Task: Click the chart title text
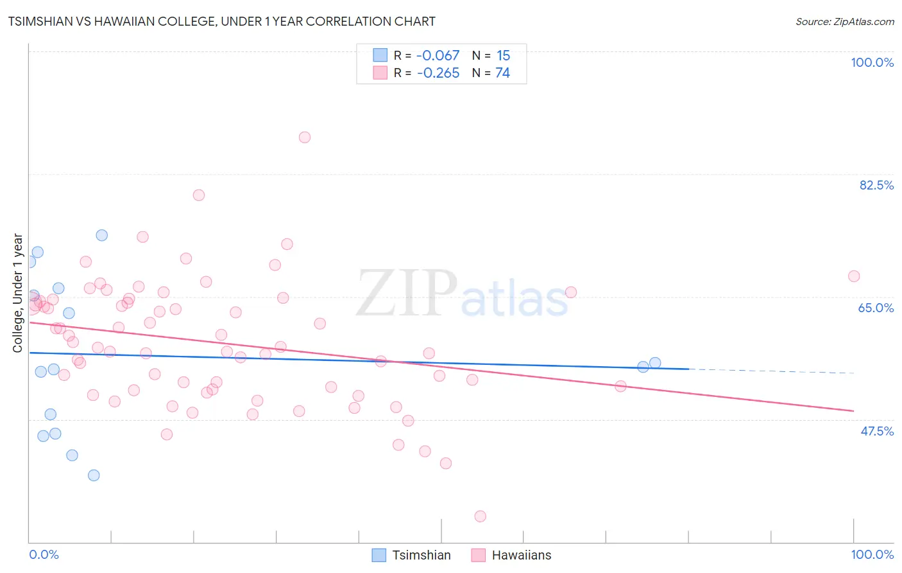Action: pos(221,22)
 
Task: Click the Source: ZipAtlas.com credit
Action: pos(844,22)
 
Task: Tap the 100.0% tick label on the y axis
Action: pos(872,63)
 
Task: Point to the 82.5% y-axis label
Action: pos(876,186)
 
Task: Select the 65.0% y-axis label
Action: pos(876,308)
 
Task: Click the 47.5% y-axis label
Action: pos(876,432)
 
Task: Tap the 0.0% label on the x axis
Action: pos(44,554)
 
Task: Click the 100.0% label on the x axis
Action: pos(872,554)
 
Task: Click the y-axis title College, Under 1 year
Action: pos(18,293)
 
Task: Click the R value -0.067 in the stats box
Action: pos(438,56)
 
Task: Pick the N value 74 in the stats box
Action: pos(502,73)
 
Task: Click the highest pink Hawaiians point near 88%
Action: pos(305,137)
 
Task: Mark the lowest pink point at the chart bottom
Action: pos(480,516)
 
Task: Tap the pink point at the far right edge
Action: pos(854,276)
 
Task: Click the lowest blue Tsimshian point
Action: pos(94,475)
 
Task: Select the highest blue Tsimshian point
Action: pos(102,235)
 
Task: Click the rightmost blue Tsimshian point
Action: pos(655,363)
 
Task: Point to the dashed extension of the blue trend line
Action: pos(770,371)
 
